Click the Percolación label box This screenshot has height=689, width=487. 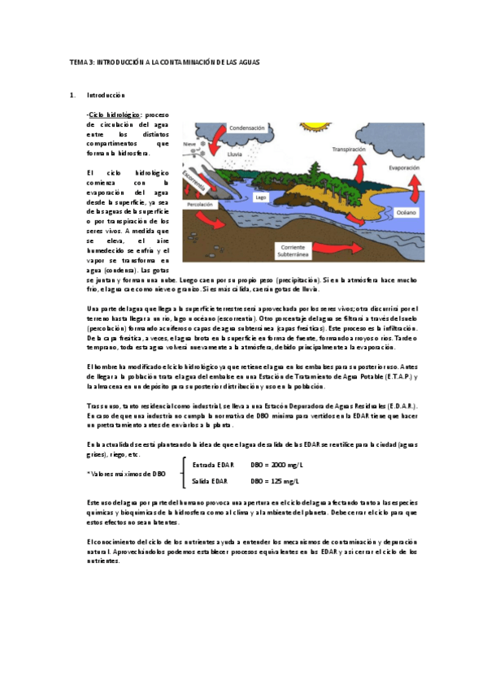[200, 206]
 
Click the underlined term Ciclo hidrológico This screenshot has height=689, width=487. [115, 115]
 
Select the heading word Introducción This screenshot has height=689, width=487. [106, 95]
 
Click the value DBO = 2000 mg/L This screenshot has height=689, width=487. [276, 465]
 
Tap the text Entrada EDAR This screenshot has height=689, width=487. [213, 465]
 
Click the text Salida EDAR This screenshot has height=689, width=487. [210, 482]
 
